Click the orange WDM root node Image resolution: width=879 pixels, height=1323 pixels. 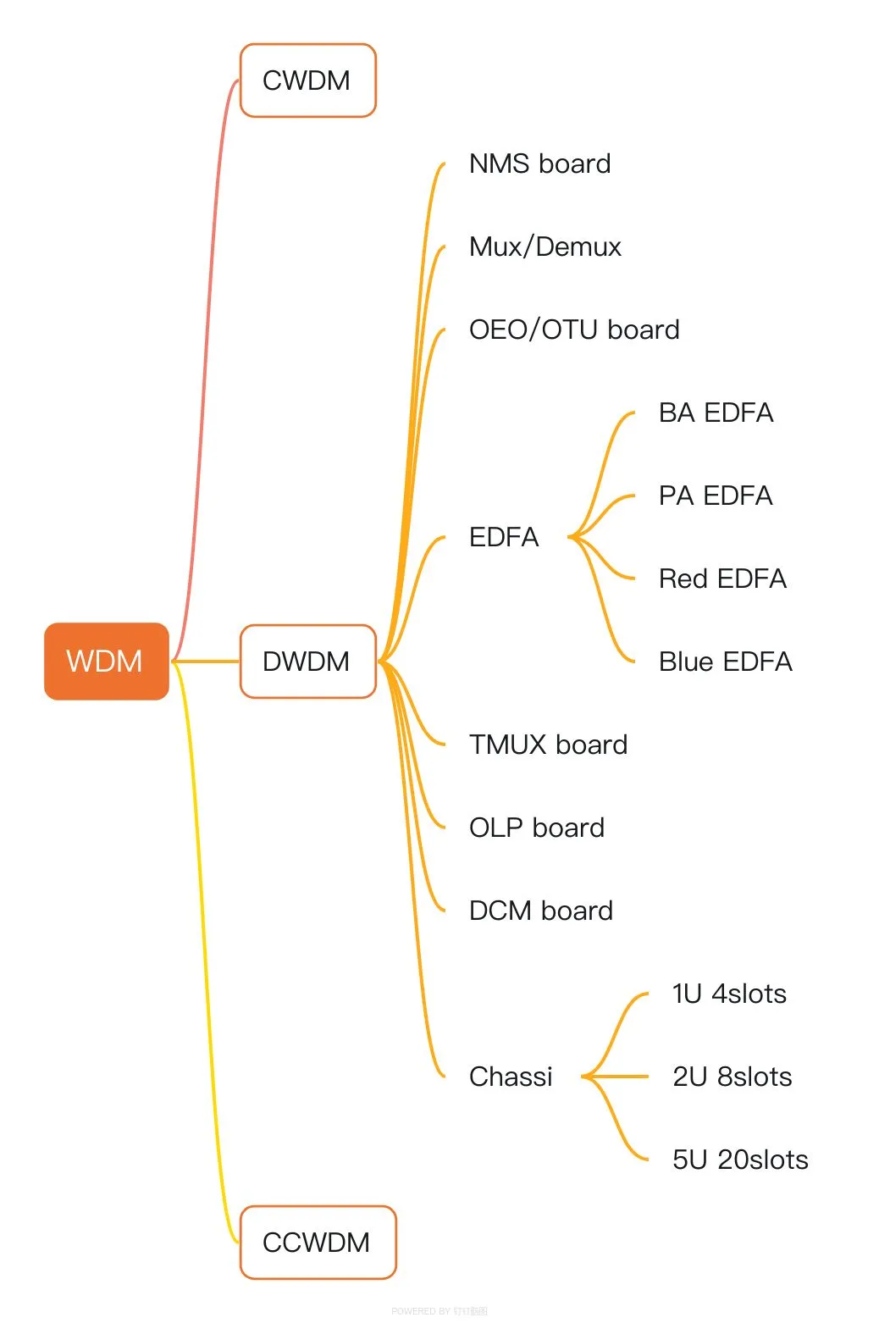[106, 661]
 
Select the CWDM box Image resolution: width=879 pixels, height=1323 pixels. [307, 80]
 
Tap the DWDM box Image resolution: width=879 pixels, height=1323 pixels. [307, 661]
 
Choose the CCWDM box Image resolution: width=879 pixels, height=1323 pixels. [318, 1242]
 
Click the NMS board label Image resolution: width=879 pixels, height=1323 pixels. [539, 163]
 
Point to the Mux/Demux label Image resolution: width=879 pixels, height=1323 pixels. [545, 246]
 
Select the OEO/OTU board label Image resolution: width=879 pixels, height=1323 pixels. [574, 329]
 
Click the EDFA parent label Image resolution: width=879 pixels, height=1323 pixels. [504, 537]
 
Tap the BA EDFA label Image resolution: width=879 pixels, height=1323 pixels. [716, 412]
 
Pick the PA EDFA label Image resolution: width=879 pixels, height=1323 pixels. [716, 495]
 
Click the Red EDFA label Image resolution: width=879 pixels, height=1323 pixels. [722, 578]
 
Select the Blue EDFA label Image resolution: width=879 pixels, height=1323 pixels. [725, 661]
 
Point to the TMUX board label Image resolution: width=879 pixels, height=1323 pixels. [548, 745]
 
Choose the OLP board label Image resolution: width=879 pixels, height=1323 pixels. [537, 828]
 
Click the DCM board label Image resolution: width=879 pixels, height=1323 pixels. [540, 911]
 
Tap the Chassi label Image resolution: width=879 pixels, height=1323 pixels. [511, 1077]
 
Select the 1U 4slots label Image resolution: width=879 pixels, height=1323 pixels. [729, 994]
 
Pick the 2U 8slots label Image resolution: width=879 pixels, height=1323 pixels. [732, 1077]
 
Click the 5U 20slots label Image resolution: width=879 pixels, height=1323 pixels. [740, 1160]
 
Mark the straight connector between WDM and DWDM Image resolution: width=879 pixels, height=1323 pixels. [206, 661]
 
